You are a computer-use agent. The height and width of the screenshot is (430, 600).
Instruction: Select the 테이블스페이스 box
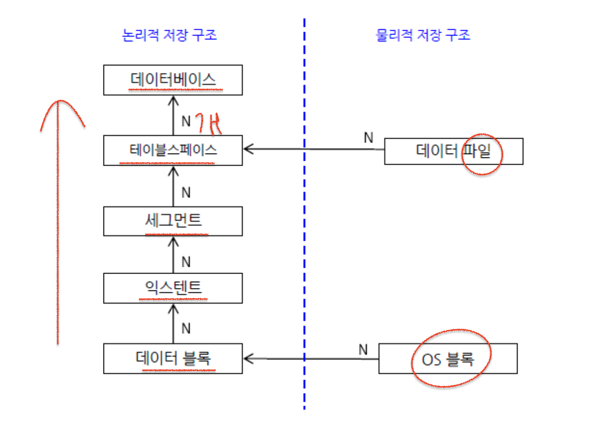[x=173, y=150]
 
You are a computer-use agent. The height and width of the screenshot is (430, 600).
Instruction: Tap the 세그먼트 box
[x=173, y=220]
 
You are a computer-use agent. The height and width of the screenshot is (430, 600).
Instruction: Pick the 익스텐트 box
[x=173, y=288]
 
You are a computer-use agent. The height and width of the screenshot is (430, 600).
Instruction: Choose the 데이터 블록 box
[x=173, y=358]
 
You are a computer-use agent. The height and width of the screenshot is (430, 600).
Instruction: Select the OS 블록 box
[x=448, y=358]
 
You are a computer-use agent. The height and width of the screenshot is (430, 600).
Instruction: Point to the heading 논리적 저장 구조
[x=170, y=35]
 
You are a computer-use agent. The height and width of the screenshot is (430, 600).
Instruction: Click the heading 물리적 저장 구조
[x=423, y=35]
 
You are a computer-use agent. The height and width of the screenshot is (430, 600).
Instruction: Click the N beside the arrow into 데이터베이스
[x=186, y=121]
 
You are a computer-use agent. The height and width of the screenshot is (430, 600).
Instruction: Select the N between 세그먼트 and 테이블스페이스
[x=186, y=192]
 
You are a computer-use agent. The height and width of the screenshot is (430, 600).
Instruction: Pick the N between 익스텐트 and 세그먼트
[x=186, y=262]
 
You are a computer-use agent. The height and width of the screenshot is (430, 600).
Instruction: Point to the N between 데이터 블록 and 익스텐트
[x=186, y=329]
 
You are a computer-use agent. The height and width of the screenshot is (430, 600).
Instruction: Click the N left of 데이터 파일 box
[x=368, y=138]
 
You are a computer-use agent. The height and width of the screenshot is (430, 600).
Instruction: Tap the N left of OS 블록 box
[x=363, y=350]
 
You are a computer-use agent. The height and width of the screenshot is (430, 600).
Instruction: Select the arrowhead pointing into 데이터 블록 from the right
[x=248, y=358]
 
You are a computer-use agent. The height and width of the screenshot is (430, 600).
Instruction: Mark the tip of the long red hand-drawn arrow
[x=58, y=101]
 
